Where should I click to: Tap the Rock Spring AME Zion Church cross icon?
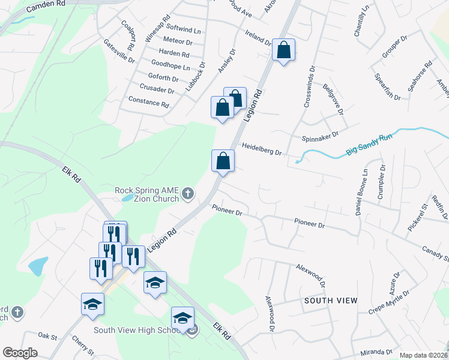pyautogui.click(x=188, y=194)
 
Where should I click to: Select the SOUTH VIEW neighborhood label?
pyautogui.click(x=331, y=300)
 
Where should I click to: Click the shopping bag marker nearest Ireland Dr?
pyautogui.click(x=283, y=50)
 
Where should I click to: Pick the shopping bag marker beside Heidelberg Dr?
pyautogui.click(x=223, y=161)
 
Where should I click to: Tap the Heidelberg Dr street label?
pyautogui.click(x=262, y=149)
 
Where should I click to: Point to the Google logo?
pyautogui.click(x=20, y=353)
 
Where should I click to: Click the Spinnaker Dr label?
pyautogui.click(x=321, y=135)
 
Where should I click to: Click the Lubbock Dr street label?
pyautogui.click(x=194, y=77)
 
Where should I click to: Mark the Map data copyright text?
pyautogui.click(x=423, y=355)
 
